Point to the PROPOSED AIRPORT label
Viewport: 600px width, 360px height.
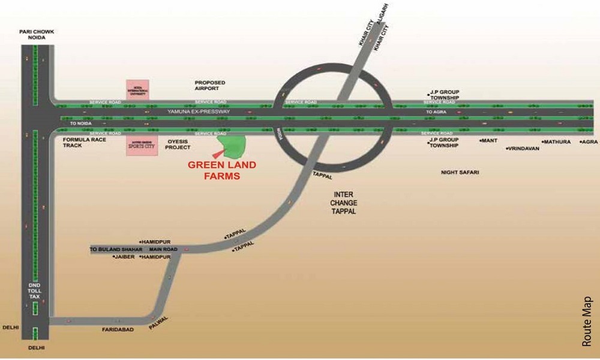click(209, 85)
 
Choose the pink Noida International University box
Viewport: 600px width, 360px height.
click(137, 90)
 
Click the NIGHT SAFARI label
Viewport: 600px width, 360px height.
click(460, 172)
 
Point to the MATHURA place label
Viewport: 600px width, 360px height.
click(557, 142)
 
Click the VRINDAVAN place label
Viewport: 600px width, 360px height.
click(524, 148)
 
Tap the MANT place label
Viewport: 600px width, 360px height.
click(490, 141)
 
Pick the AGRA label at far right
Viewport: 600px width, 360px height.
click(590, 142)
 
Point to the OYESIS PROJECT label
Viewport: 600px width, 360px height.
click(178, 144)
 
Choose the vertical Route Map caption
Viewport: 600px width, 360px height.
click(587, 321)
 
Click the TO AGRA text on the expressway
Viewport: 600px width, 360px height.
click(437, 112)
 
